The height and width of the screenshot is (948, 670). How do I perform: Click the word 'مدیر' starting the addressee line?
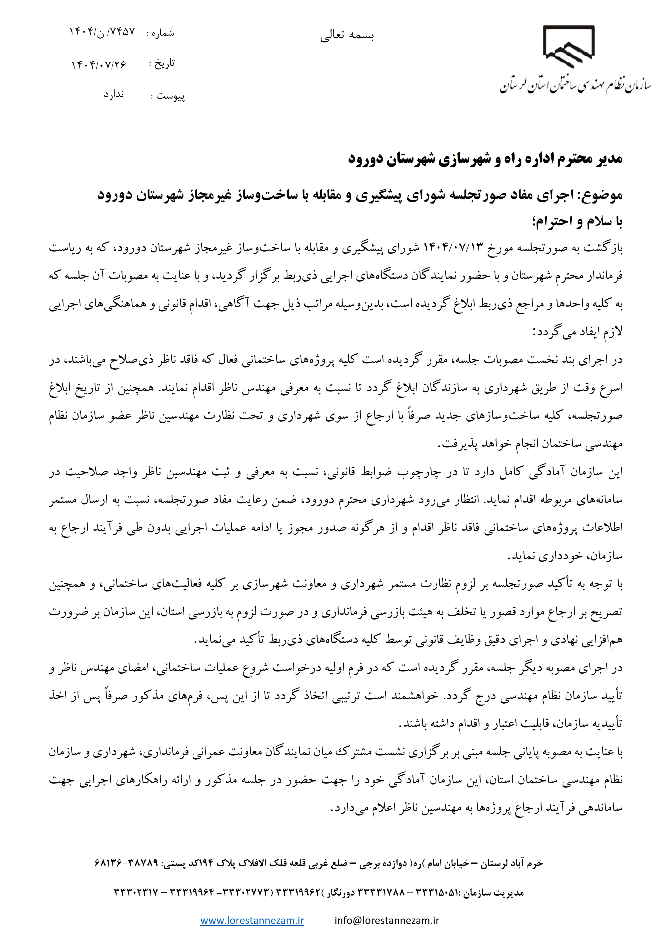coord(608,159)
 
